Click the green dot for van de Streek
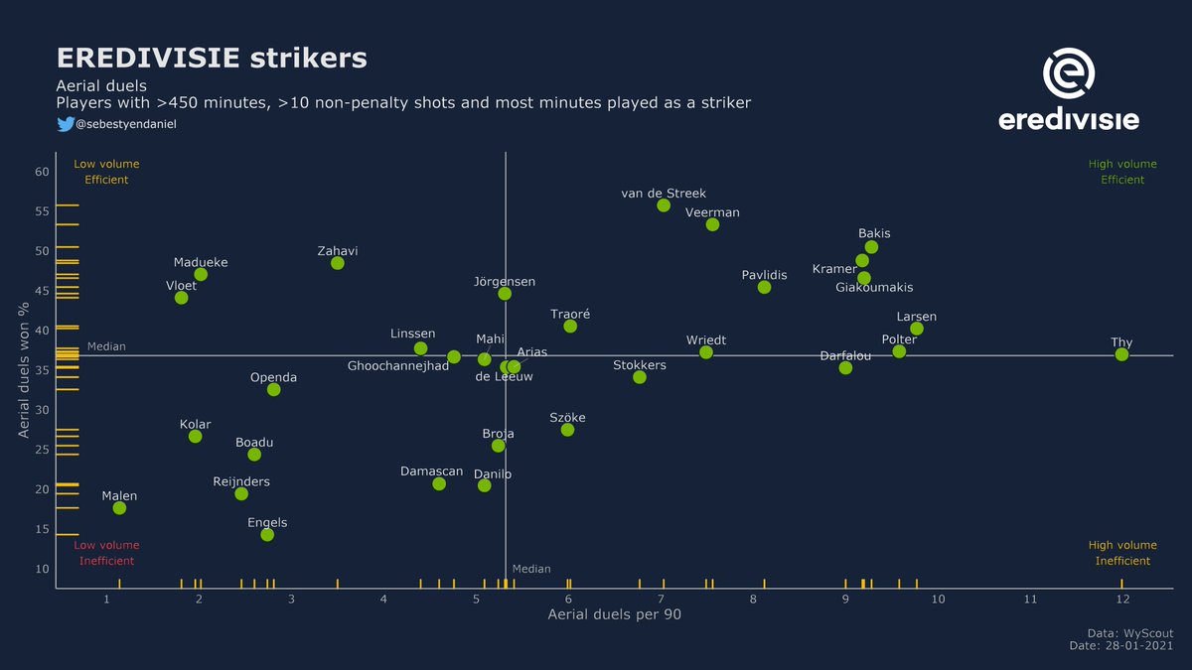click(664, 205)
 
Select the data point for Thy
click(1121, 354)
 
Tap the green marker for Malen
click(119, 508)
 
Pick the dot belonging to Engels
click(267, 535)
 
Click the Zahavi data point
click(338, 263)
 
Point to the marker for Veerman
click(712, 224)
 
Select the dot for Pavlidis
click(764, 287)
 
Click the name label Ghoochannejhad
click(398, 366)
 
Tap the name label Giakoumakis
click(874, 288)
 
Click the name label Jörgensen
click(505, 282)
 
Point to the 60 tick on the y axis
click(41, 172)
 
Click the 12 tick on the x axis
click(1121, 600)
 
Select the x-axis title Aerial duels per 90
click(614, 615)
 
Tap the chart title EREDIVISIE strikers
click(212, 58)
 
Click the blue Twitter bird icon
click(65, 124)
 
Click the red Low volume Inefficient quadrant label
click(106, 553)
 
